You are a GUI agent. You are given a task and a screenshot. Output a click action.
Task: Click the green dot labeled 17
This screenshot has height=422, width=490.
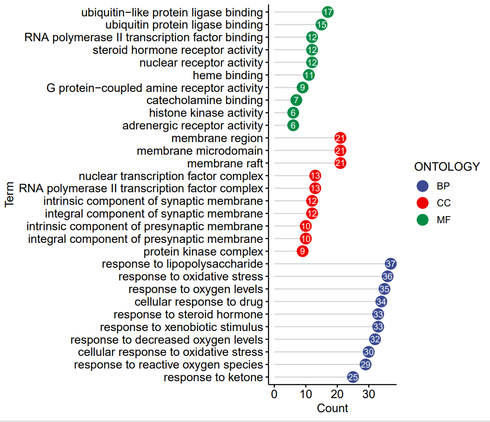tap(328, 12)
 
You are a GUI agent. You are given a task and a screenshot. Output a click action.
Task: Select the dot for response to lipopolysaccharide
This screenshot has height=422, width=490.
tap(390, 264)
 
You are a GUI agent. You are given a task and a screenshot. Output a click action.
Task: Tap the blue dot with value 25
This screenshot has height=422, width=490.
tap(353, 377)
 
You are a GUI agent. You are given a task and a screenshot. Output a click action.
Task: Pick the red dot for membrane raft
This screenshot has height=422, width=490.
tap(340, 163)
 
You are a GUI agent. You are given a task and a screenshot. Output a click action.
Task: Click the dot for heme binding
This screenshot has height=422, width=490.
tap(309, 75)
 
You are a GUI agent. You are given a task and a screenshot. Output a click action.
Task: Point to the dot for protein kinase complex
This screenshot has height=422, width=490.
tap(303, 251)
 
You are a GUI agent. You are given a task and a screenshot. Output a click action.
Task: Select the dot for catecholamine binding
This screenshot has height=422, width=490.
tap(296, 100)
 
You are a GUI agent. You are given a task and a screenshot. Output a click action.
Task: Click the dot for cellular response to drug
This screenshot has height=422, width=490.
tap(381, 301)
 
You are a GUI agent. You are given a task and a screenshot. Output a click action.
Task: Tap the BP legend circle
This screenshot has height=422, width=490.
tap(422, 186)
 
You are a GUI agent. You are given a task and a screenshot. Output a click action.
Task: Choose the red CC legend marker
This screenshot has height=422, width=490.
tap(422, 203)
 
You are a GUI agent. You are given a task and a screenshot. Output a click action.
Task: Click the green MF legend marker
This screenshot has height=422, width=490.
tap(422, 219)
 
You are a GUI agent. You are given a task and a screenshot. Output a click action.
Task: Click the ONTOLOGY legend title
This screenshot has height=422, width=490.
tap(447, 167)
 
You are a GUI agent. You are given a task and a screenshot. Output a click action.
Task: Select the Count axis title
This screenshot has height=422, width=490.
tap(332, 408)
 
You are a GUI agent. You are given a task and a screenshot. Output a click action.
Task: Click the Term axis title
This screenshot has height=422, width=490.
tap(9, 195)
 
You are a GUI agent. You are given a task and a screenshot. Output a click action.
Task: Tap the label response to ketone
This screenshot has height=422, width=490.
tap(213, 377)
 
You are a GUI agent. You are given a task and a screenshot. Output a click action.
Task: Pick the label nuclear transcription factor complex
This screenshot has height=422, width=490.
tap(171, 176)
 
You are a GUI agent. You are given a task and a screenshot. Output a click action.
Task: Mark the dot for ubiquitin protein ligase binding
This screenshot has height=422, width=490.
tap(322, 25)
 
